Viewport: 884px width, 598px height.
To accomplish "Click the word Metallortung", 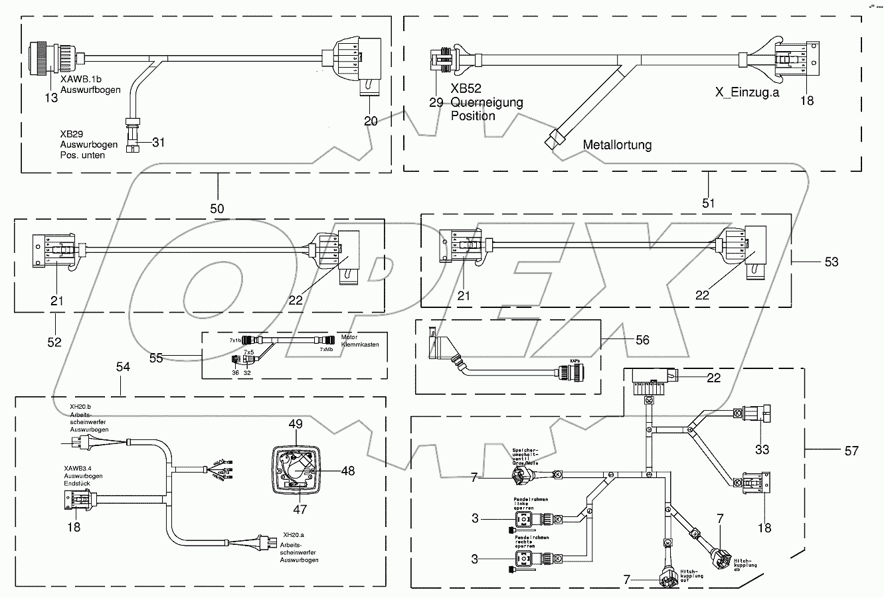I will click(617, 144).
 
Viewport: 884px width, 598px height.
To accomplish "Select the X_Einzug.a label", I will click(747, 92).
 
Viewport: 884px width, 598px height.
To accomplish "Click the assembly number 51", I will click(709, 202).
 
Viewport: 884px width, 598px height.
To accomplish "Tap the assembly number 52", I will click(54, 342).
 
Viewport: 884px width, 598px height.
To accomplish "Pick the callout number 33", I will click(762, 449).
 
